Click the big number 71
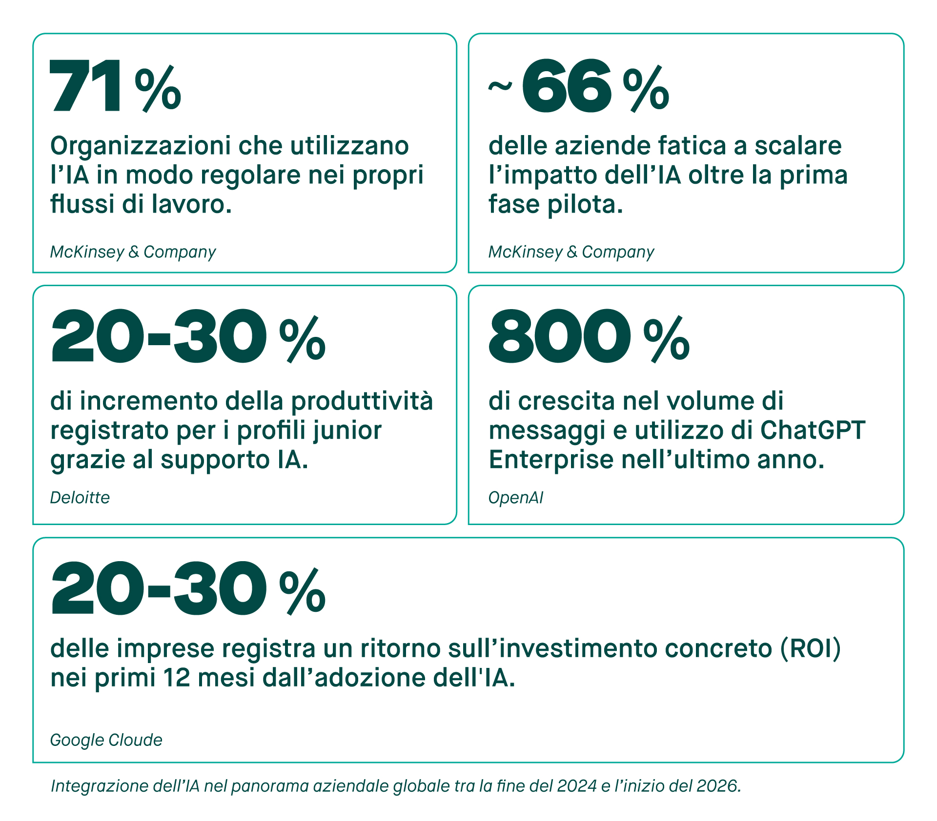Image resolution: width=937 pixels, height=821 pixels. click(x=86, y=86)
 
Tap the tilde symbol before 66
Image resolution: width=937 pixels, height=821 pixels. click(x=500, y=87)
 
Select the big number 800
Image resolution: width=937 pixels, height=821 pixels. click(x=559, y=337)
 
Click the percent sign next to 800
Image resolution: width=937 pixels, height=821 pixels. click(x=666, y=340)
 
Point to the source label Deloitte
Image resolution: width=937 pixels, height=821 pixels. click(x=80, y=498)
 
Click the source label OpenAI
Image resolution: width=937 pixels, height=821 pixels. click(x=515, y=498)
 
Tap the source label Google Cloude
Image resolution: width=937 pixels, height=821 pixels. click(x=106, y=740)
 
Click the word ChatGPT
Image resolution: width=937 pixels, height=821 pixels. click(x=813, y=430)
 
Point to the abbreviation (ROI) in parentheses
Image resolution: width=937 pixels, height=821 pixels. click(x=811, y=648)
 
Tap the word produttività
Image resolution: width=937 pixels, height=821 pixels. click(x=362, y=401)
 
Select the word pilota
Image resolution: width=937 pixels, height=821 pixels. click(x=585, y=204)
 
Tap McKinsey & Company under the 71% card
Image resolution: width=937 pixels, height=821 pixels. click(x=133, y=252)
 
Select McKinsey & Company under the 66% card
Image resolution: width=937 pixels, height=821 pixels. click(x=571, y=252)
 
